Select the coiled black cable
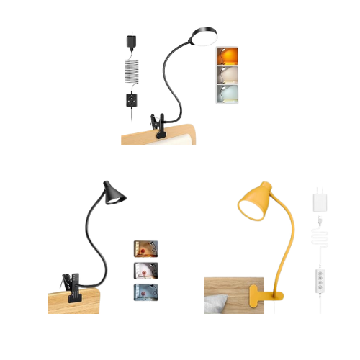[130, 71]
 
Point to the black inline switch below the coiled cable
[130, 97]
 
